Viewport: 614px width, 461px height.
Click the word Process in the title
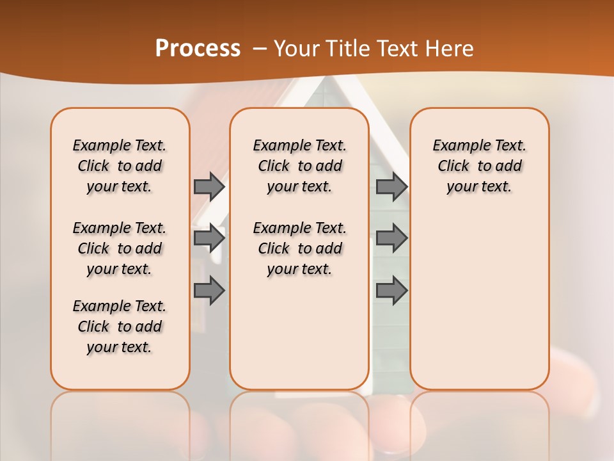point(198,49)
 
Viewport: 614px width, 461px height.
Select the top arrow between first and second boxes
point(209,186)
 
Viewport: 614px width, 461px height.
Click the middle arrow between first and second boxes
point(209,238)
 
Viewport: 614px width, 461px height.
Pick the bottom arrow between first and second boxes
point(209,291)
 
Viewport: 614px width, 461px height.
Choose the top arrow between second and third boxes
point(391,186)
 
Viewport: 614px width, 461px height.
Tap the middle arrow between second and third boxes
point(391,238)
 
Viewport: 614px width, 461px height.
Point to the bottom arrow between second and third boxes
point(391,291)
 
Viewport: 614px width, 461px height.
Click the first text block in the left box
point(120,166)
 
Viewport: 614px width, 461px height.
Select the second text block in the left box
point(120,248)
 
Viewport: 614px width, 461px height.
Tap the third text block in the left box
point(120,327)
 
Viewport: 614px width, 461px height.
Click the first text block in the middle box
point(300,166)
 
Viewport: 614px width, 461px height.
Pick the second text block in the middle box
point(300,248)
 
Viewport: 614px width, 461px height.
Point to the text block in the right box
point(480,166)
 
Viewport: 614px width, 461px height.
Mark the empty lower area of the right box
point(480,295)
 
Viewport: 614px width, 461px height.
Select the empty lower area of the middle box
point(300,333)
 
